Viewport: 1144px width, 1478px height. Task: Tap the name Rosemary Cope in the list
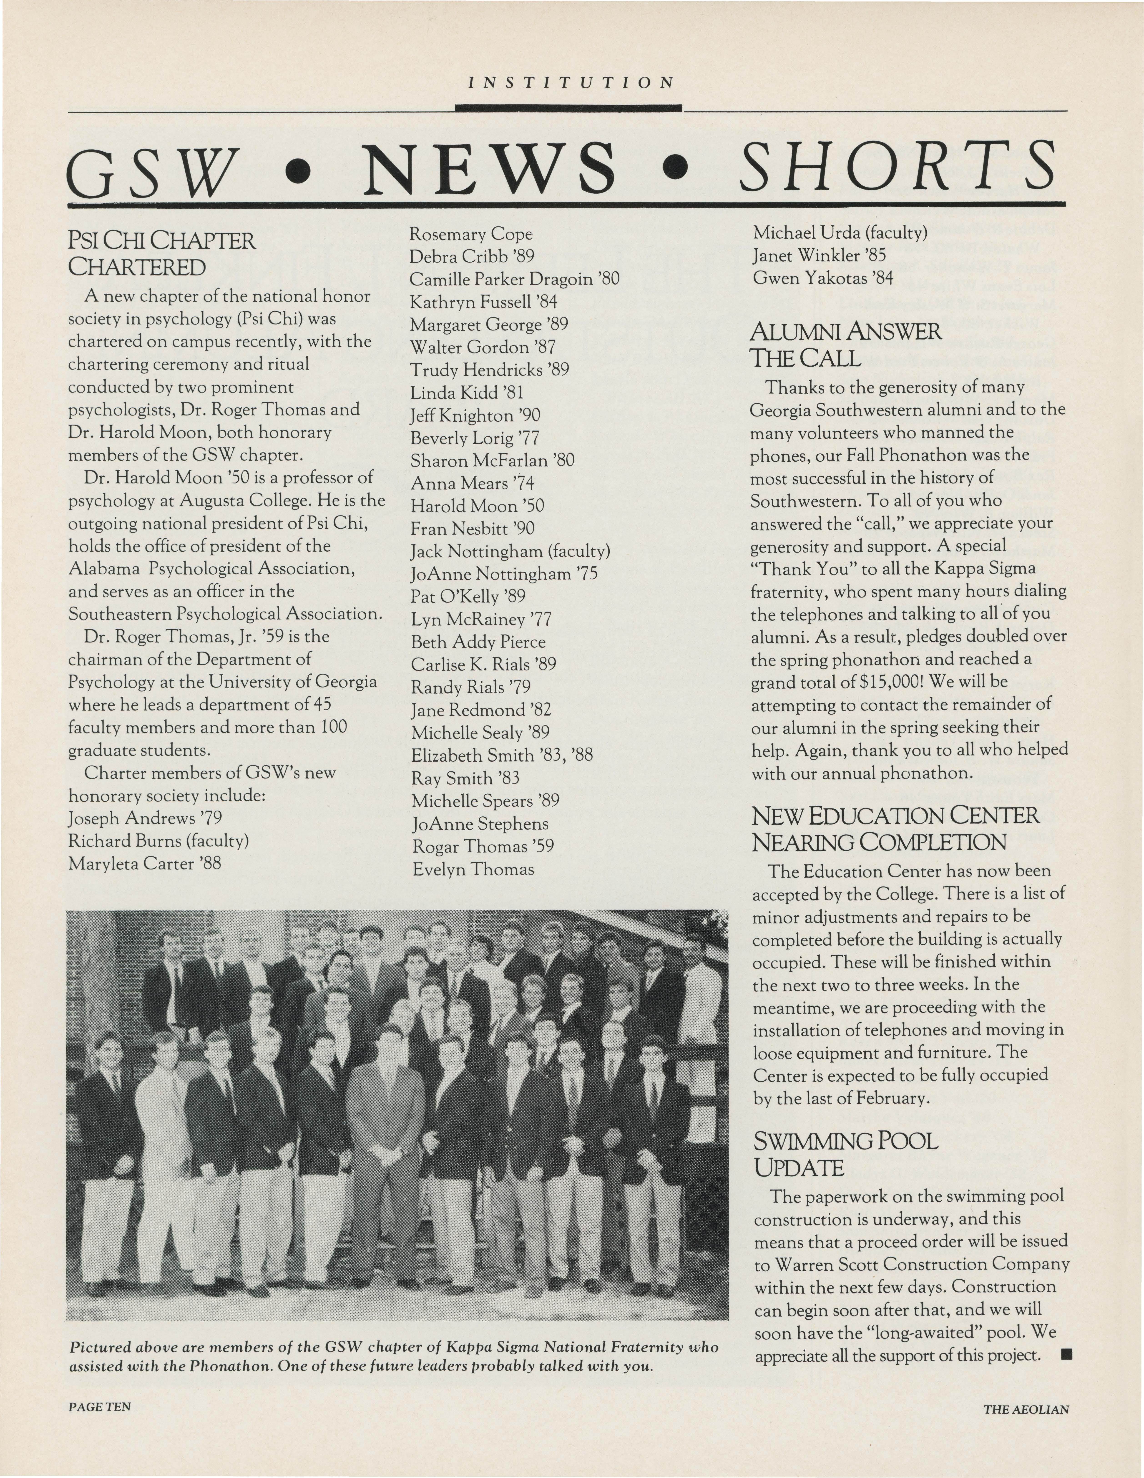pyautogui.click(x=471, y=234)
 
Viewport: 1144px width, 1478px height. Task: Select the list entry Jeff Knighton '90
pyautogui.click(x=475, y=415)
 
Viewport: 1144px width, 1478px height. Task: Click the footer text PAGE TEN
pyautogui.click(x=100, y=1406)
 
